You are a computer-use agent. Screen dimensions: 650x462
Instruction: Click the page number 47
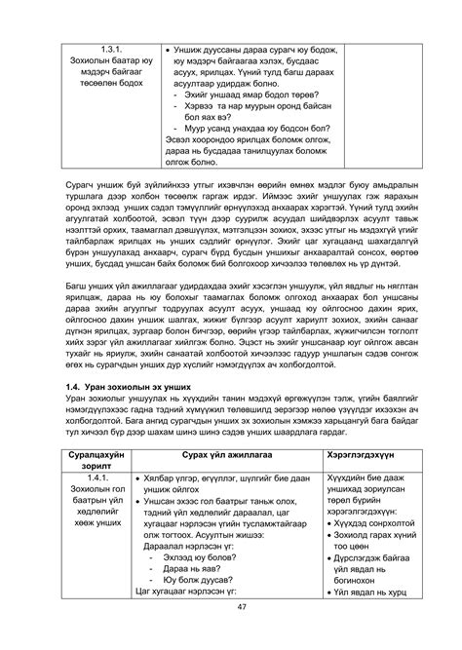point(230,633)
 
